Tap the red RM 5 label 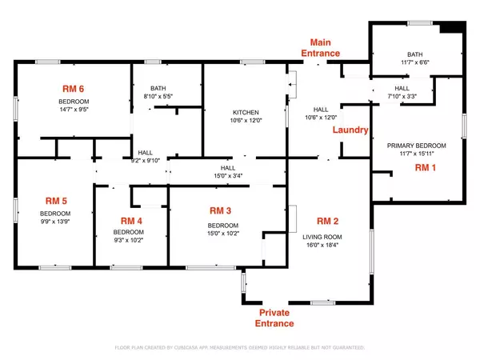(55, 202)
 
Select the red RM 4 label (131, 220)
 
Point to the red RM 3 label (220, 210)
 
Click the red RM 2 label (329, 220)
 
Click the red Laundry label (350, 130)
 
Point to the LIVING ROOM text (329, 237)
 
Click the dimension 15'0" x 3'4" (228, 176)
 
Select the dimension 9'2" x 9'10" (146, 160)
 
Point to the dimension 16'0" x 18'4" (329, 246)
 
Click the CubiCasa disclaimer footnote (240, 348)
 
